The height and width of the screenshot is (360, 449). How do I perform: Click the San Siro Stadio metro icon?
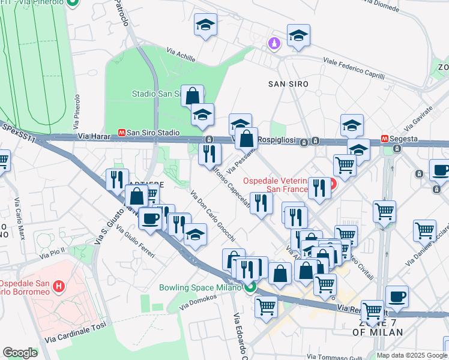pos(122,133)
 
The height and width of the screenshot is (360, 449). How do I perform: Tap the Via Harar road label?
pos(92,137)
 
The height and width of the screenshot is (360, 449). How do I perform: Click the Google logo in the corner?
pos(20,353)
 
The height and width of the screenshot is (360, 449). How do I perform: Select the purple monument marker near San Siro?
pos(274,44)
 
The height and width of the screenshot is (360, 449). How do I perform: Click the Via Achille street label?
pos(181,56)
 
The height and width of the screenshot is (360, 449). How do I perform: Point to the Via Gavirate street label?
pos(418,120)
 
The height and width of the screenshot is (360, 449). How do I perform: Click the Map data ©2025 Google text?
pos(412,355)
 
